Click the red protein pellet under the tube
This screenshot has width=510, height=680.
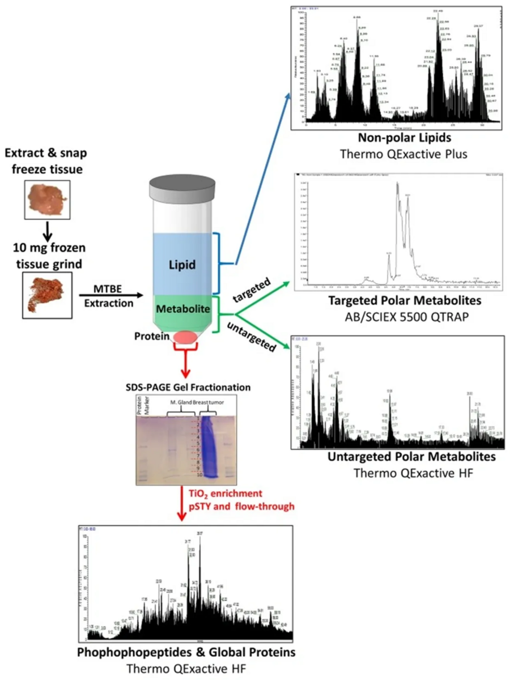click(186, 337)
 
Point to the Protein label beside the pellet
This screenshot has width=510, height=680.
click(151, 336)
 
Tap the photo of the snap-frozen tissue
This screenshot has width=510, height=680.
click(48, 199)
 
